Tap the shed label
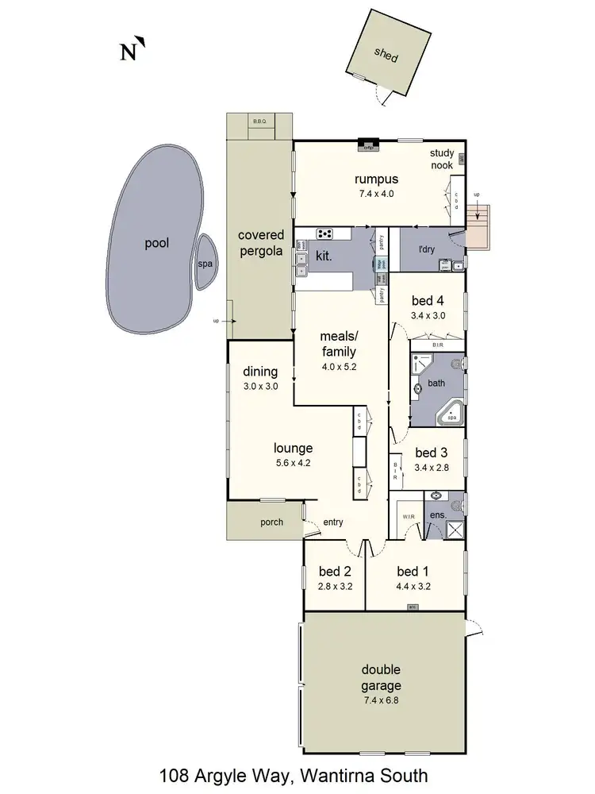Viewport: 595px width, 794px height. [386, 57]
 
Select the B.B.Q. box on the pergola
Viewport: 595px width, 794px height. [259, 121]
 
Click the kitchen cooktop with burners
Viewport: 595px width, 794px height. [325, 233]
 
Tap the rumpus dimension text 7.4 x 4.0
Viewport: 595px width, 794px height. [376, 193]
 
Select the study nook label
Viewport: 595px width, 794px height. [442, 159]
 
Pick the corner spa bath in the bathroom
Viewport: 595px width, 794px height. [451, 414]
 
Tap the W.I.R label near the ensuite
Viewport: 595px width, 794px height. [409, 515]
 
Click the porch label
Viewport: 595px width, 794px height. [272, 522]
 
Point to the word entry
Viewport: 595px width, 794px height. [333, 522]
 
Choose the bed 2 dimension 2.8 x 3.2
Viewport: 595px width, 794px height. [335, 587]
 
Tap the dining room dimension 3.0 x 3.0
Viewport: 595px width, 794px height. [260, 386]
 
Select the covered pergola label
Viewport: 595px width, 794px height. [260, 243]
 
